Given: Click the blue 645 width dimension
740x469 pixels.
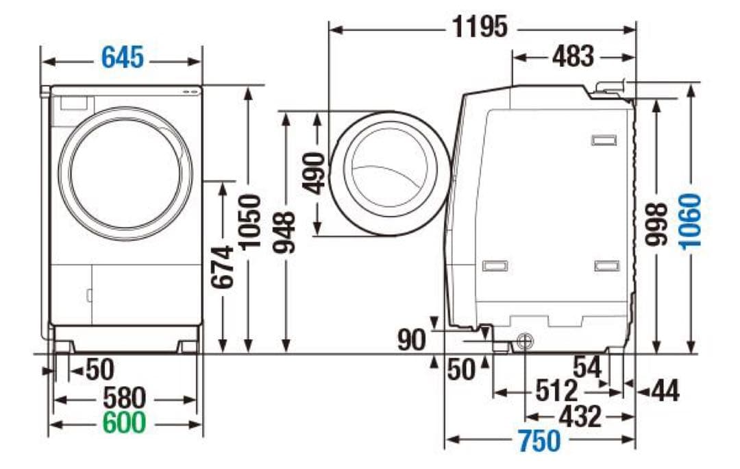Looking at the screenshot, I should tap(123, 58).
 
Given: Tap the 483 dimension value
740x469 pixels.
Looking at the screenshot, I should tap(573, 57).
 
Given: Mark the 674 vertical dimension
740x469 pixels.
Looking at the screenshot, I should tap(223, 266).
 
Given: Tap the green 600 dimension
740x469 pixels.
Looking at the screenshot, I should tap(124, 423).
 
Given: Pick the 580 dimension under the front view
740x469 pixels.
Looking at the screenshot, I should tap(124, 398).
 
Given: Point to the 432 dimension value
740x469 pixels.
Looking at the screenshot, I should tap(580, 416).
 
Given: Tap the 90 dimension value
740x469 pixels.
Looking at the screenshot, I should tap(412, 339).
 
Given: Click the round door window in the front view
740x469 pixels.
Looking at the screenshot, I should tap(125, 173).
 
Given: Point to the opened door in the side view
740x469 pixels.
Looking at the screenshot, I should tap(388, 173).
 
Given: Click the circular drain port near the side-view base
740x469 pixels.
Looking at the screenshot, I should tap(525, 340).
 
